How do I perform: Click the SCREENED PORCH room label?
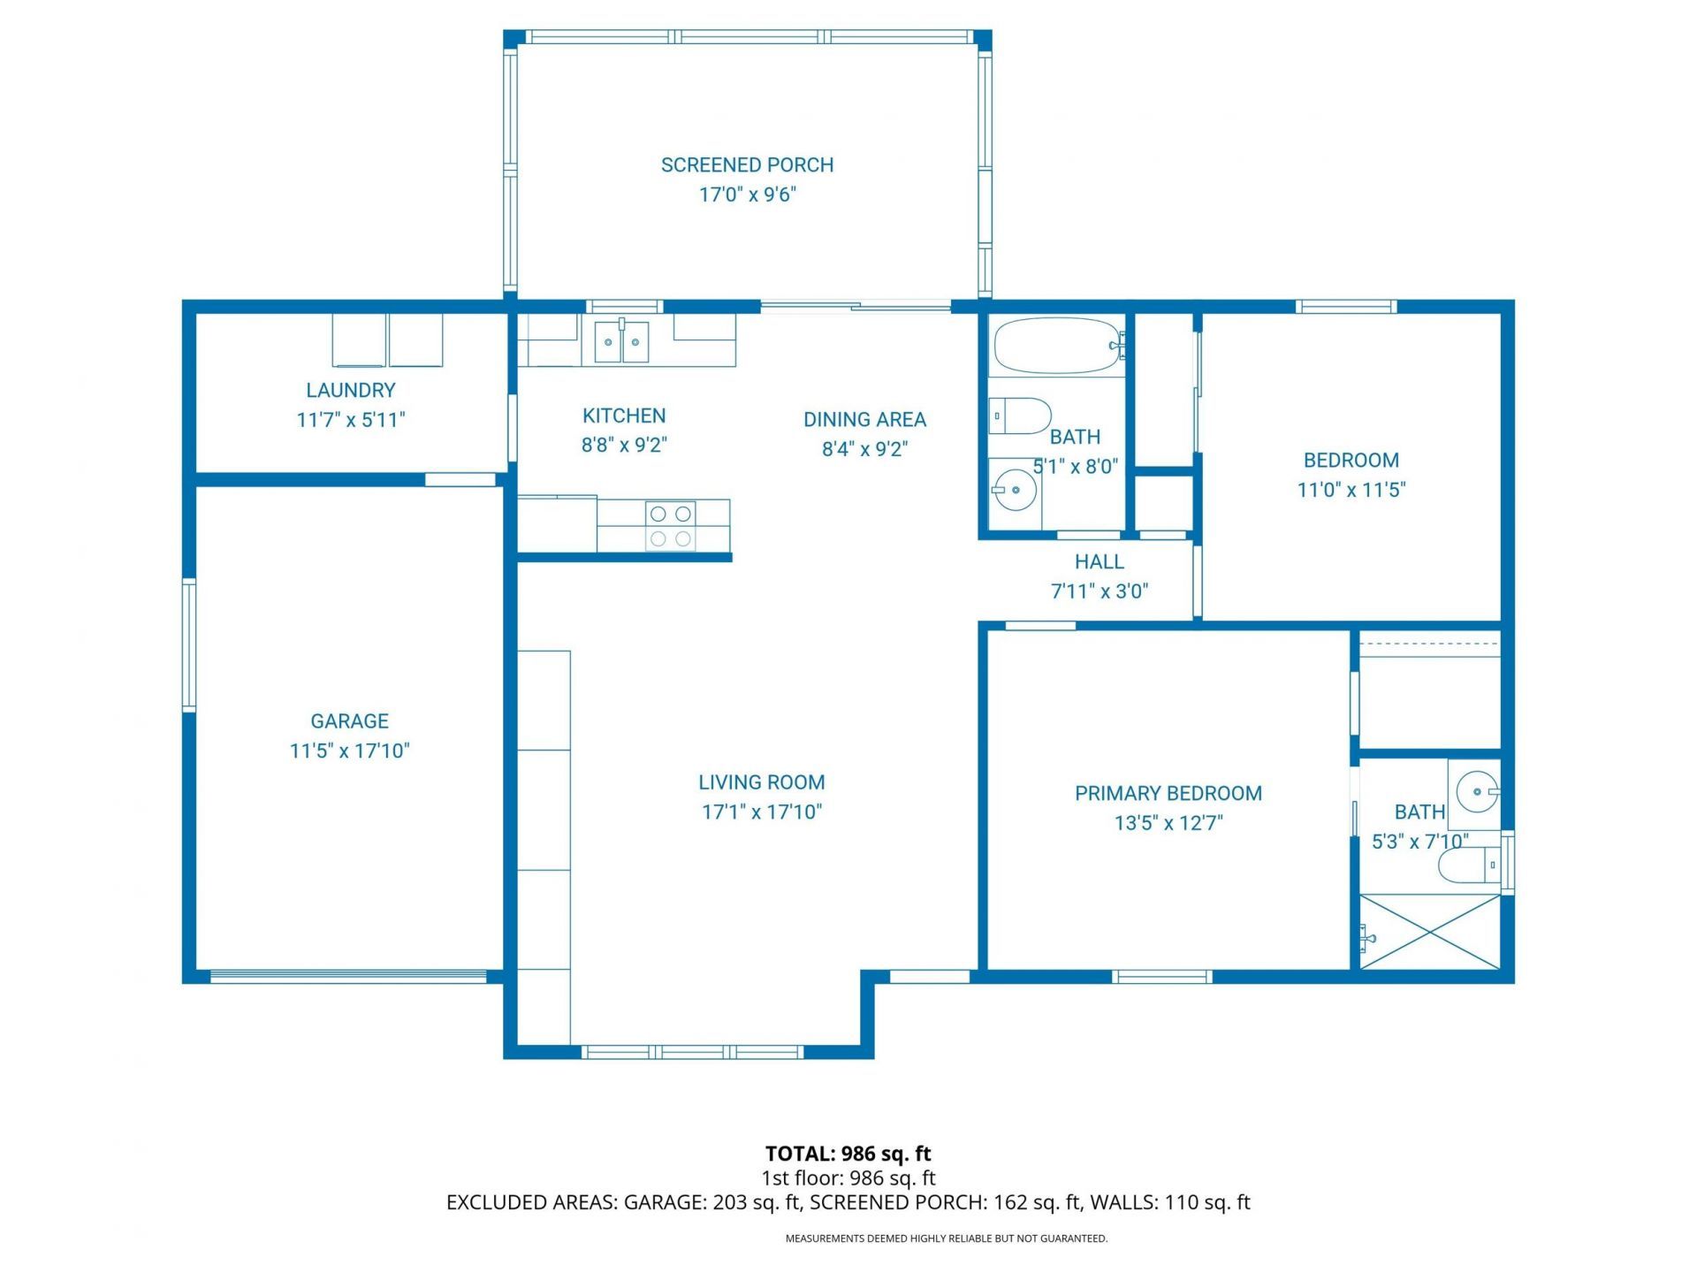tap(747, 165)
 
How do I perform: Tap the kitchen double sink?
tap(621, 341)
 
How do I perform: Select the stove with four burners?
tap(670, 526)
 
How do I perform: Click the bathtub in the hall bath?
tap(1055, 346)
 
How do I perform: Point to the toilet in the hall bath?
tap(1021, 415)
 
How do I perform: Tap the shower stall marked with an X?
tap(1429, 932)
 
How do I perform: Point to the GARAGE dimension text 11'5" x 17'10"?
tap(349, 751)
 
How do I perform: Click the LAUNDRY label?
tap(350, 390)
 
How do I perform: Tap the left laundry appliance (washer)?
tap(359, 339)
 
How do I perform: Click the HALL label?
tap(1099, 561)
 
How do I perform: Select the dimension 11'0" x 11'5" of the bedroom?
tap(1351, 490)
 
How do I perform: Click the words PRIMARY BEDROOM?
tap(1168, 793)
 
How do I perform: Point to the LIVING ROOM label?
tap(761, 782)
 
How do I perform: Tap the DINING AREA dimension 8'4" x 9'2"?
tap(864, 449)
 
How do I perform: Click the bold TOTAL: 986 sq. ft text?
tap(848, 1154)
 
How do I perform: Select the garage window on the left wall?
tap(188, 644)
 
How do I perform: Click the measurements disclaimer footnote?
tap(946, 1239)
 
